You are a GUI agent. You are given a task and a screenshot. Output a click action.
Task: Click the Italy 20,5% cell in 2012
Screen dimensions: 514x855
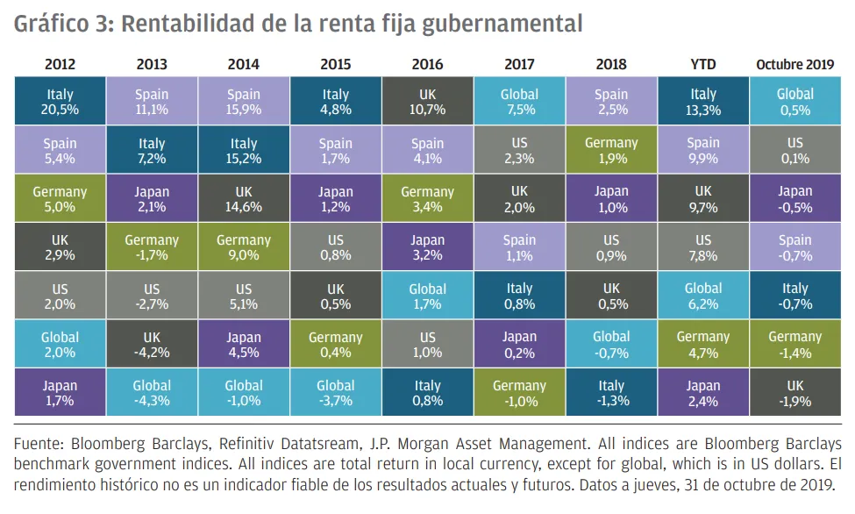coord(60,102)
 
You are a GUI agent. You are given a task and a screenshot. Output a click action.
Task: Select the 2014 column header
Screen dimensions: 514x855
coord(243,65)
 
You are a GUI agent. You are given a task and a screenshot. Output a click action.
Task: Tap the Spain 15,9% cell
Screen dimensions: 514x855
coord(243,102)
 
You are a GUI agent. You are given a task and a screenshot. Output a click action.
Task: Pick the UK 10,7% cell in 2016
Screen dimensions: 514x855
coord(427,102)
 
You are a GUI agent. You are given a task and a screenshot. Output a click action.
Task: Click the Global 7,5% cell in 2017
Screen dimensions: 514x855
coord(519,102)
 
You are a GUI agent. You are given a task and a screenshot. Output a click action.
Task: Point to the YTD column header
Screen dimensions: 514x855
coord(703,65)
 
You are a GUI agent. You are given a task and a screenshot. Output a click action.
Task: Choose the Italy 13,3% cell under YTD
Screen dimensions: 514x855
coord(703,102)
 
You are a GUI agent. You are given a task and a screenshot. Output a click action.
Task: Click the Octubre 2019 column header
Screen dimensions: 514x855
coord(795,65)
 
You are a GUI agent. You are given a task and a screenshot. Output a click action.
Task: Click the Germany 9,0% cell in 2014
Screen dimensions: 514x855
coord(243,247)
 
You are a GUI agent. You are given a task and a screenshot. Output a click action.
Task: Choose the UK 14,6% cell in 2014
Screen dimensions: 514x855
coord(243,199)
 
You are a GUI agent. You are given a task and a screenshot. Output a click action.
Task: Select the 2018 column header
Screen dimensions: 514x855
coord(611,65)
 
